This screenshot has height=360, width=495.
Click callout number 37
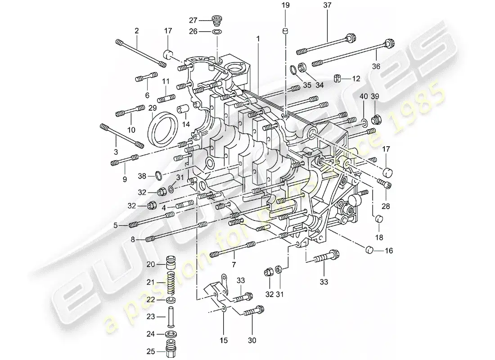[327, 5]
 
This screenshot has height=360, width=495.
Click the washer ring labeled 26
[217, 32]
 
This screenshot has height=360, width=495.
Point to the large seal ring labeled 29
[162, 129]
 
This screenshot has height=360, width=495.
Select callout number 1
[258, 39]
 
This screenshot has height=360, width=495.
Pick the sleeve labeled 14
[183, 110]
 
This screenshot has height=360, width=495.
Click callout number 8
[133, 240]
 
